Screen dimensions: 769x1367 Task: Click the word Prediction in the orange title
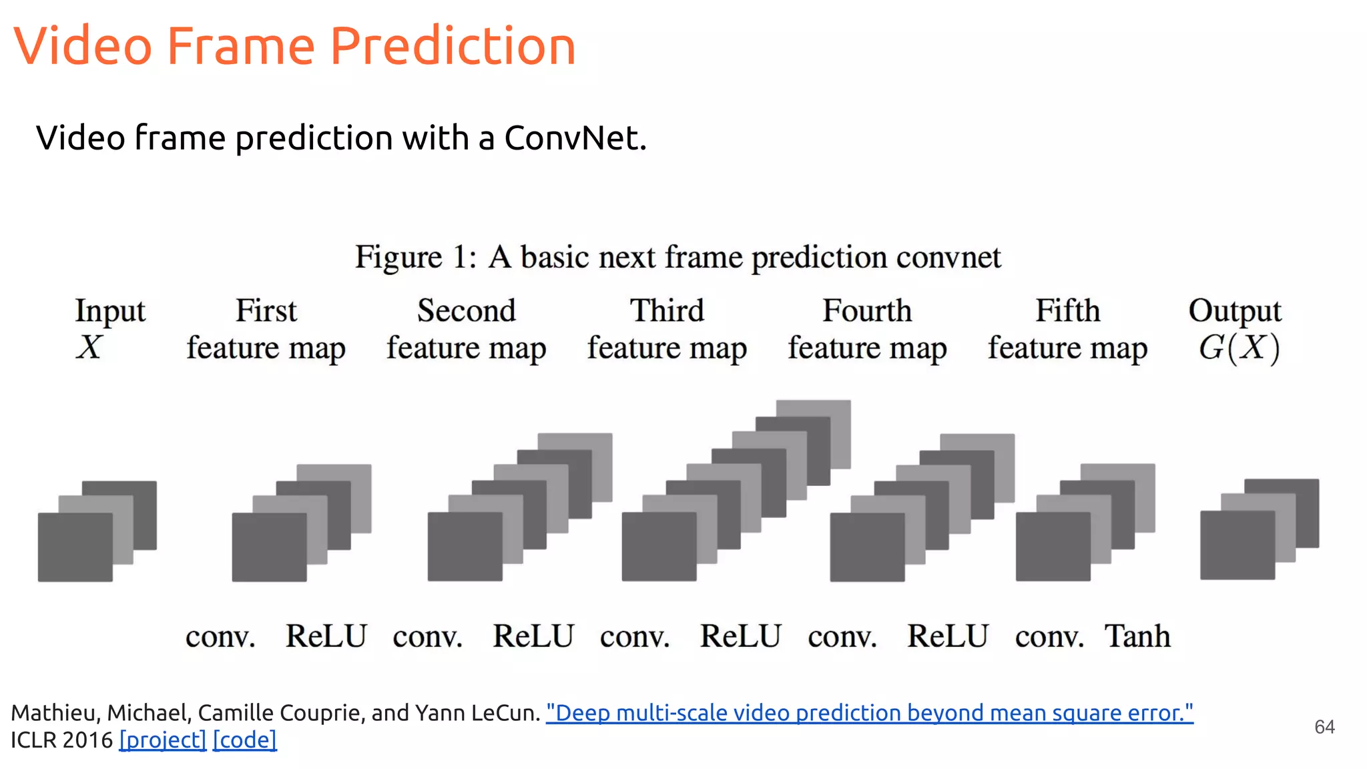tap(453, 47)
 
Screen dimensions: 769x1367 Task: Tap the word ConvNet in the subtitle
tap(574, 138)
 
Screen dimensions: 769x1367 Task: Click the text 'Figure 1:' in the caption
tap(415, 257)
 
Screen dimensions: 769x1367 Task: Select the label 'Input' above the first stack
tap(110, 311)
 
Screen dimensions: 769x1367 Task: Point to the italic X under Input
tap(89, 348)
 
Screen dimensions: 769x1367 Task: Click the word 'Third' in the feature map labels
tap(667, 311)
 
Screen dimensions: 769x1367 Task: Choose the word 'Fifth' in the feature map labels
tap(1067, 311)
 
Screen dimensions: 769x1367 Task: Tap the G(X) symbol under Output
tap(1239, 348)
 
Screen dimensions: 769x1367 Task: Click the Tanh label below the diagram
tap(1137, 636)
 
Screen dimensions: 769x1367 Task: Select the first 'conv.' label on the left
tap(220, 637)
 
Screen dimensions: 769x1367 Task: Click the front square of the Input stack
tap(75, 547)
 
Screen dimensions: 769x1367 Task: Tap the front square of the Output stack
tap(1237, 545)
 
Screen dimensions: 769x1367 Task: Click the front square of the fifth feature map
tap(1053, 547)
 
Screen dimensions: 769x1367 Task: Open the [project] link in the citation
tap(163, 740)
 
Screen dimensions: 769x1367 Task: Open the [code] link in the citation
tap(244, 740)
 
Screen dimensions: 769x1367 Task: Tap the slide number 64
tap(1324, 727)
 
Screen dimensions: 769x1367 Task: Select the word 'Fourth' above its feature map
tap(866, 311)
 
